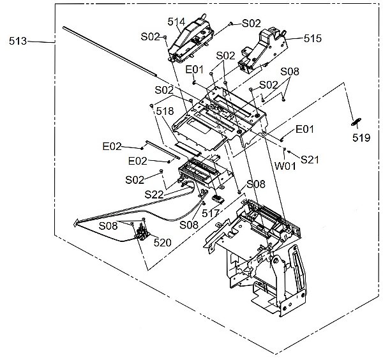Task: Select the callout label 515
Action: pos(312,39)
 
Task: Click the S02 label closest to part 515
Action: pos(251,23)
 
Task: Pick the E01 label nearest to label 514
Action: pos(194,69)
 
